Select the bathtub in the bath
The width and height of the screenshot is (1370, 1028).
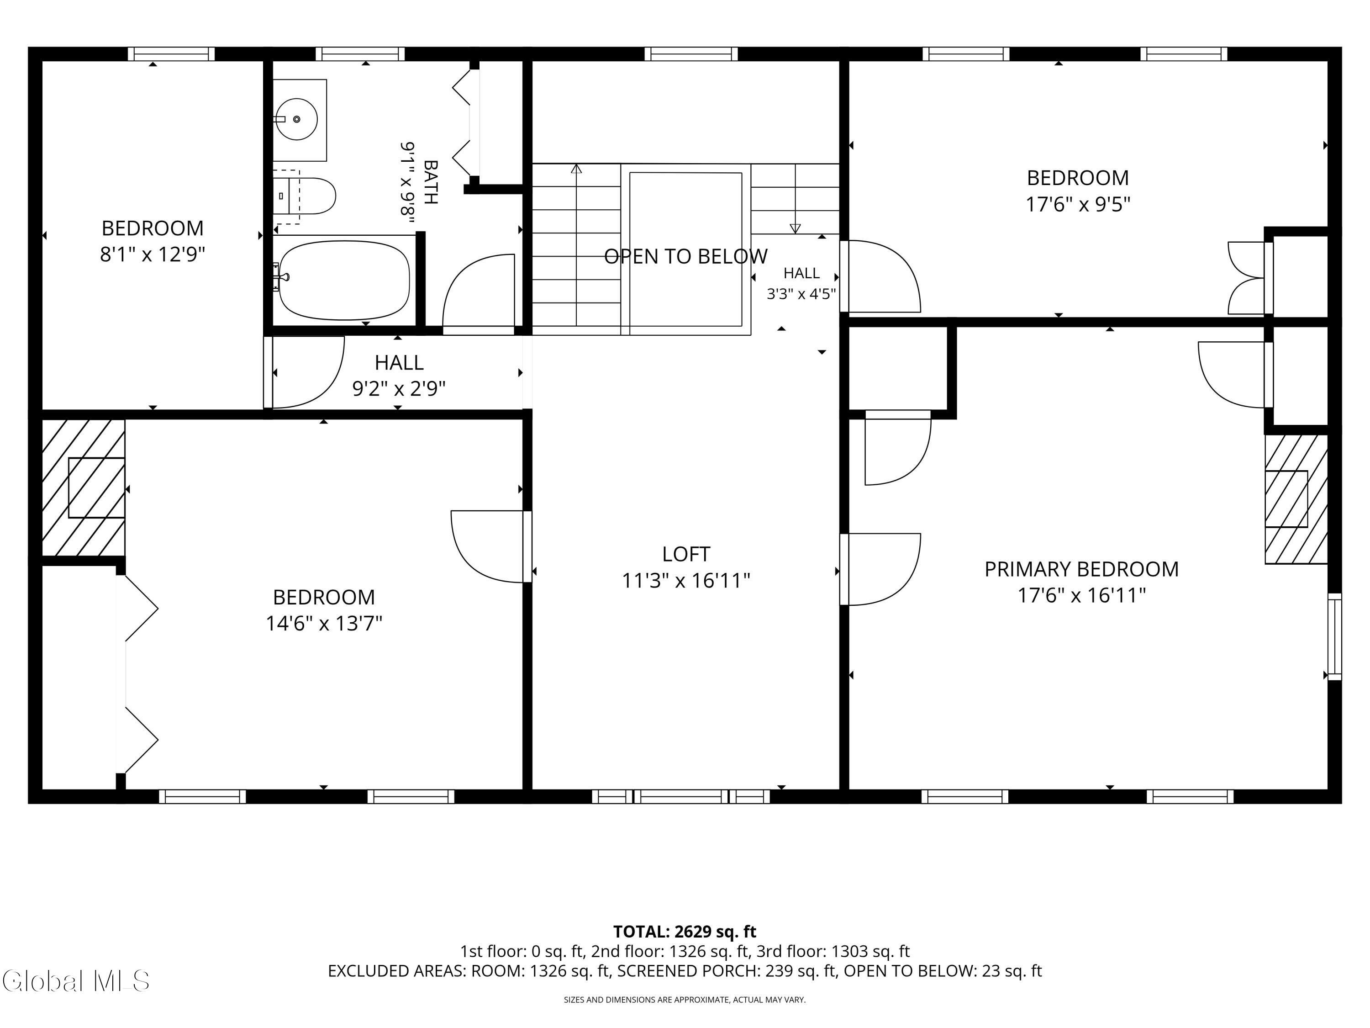tap(344, 280)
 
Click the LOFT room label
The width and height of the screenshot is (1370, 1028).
tap(685, 553)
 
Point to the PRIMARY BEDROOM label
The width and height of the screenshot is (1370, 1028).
tap(1081, 569)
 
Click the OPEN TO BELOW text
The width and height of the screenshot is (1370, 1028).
tap(685, 256)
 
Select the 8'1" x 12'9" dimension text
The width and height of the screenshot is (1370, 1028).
tap(153, 254)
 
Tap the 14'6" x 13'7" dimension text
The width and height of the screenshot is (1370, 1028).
tap(324, 623)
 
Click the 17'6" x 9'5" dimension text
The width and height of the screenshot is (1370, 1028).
tap(1078, 204)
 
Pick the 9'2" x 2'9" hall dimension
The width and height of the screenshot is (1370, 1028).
tap(399, 388)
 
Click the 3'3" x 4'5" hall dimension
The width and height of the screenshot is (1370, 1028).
tap(801, 294)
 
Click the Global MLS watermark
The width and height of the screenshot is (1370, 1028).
tap(75, 981)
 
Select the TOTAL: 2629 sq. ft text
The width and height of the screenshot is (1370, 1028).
tap(685, 931)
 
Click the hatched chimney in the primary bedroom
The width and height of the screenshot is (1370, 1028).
tap(1296, 499)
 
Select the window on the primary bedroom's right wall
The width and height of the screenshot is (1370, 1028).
tap(1335, 636)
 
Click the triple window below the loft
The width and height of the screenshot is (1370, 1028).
tap(681, 796)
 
